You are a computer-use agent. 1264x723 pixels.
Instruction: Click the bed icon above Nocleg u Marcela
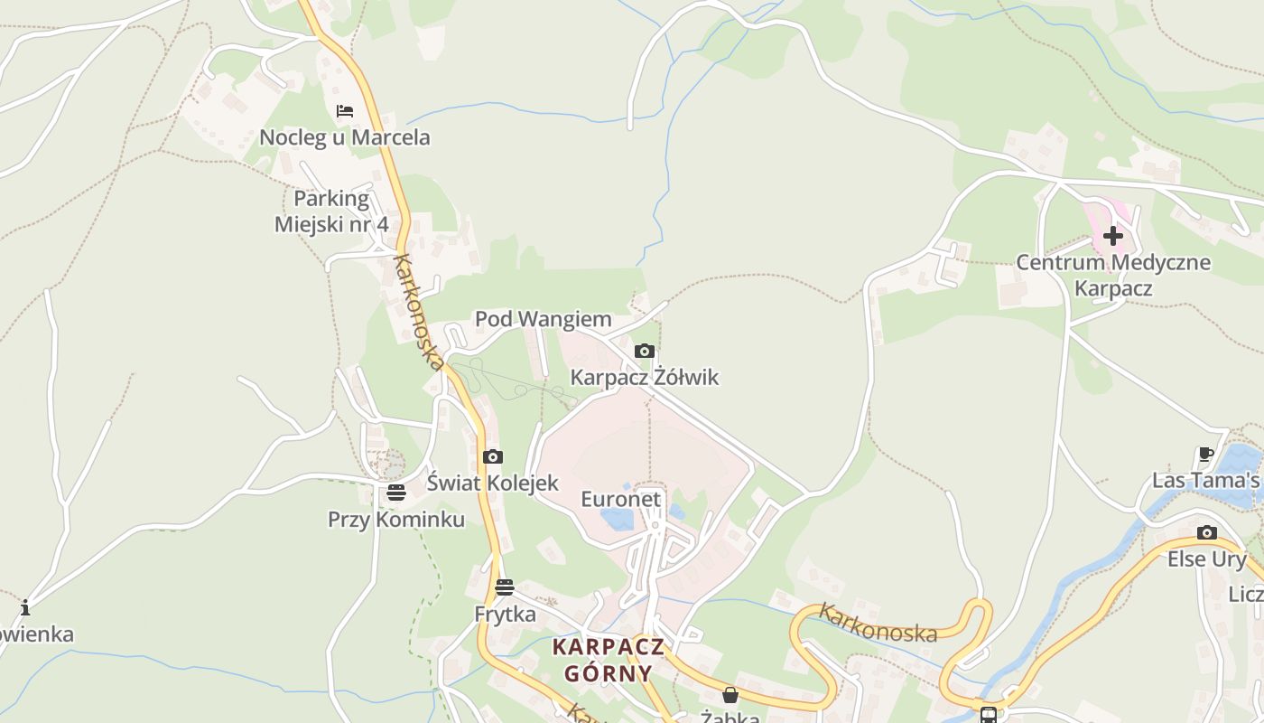pyautogui.click(x=345, y=111)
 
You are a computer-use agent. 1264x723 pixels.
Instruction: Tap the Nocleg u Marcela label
pyautogui.click(x=345, y=137)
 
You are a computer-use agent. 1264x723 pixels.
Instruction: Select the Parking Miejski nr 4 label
pyautogui.click(x=331, y=211)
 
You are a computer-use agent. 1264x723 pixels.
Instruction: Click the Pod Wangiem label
pyautogui.click(x=544, y=319)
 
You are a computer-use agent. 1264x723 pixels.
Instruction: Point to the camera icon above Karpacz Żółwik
pyautogui.click(x=644, y=351)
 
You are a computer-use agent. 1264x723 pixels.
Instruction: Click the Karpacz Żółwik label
pyautogui.click(x=645, y=377)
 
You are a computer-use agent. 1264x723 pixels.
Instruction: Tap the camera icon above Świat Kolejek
pyautogui.click(x=493, y=456)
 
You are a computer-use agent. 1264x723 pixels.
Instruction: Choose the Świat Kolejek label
pyautogui.click(x=493, y=483)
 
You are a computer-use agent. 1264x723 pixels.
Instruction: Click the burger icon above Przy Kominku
pyautogui.click(x=396, y=493)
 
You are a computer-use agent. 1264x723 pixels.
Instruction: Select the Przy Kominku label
pyautogui.click(x=396, y=519)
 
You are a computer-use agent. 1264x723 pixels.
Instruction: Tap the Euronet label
pyautogui.click(x=621, y=499)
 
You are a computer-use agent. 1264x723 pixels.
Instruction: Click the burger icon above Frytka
pyautogui.click(x=505, y=587)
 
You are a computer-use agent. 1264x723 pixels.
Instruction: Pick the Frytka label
pyautogui.click(x=506, y=614)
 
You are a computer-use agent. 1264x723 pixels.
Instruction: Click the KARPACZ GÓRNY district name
pyautogui.click(x=609, y=660)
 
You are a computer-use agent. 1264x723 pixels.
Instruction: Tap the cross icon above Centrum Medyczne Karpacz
pyautogui.click(x=1113, y=236)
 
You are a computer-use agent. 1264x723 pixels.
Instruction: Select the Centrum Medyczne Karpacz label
pyautogui.click(x=1113, y=276)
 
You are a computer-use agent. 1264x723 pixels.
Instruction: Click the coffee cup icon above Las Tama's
pyautogui.click(x=1205, y=454)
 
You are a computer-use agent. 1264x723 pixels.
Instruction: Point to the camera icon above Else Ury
pyautogui.click(x=1207, y=532)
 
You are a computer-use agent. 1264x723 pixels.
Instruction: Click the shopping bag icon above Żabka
pyautogui.click(x=730, y=695)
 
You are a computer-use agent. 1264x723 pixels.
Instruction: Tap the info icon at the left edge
pyautogui.click(x=25, y=607)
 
